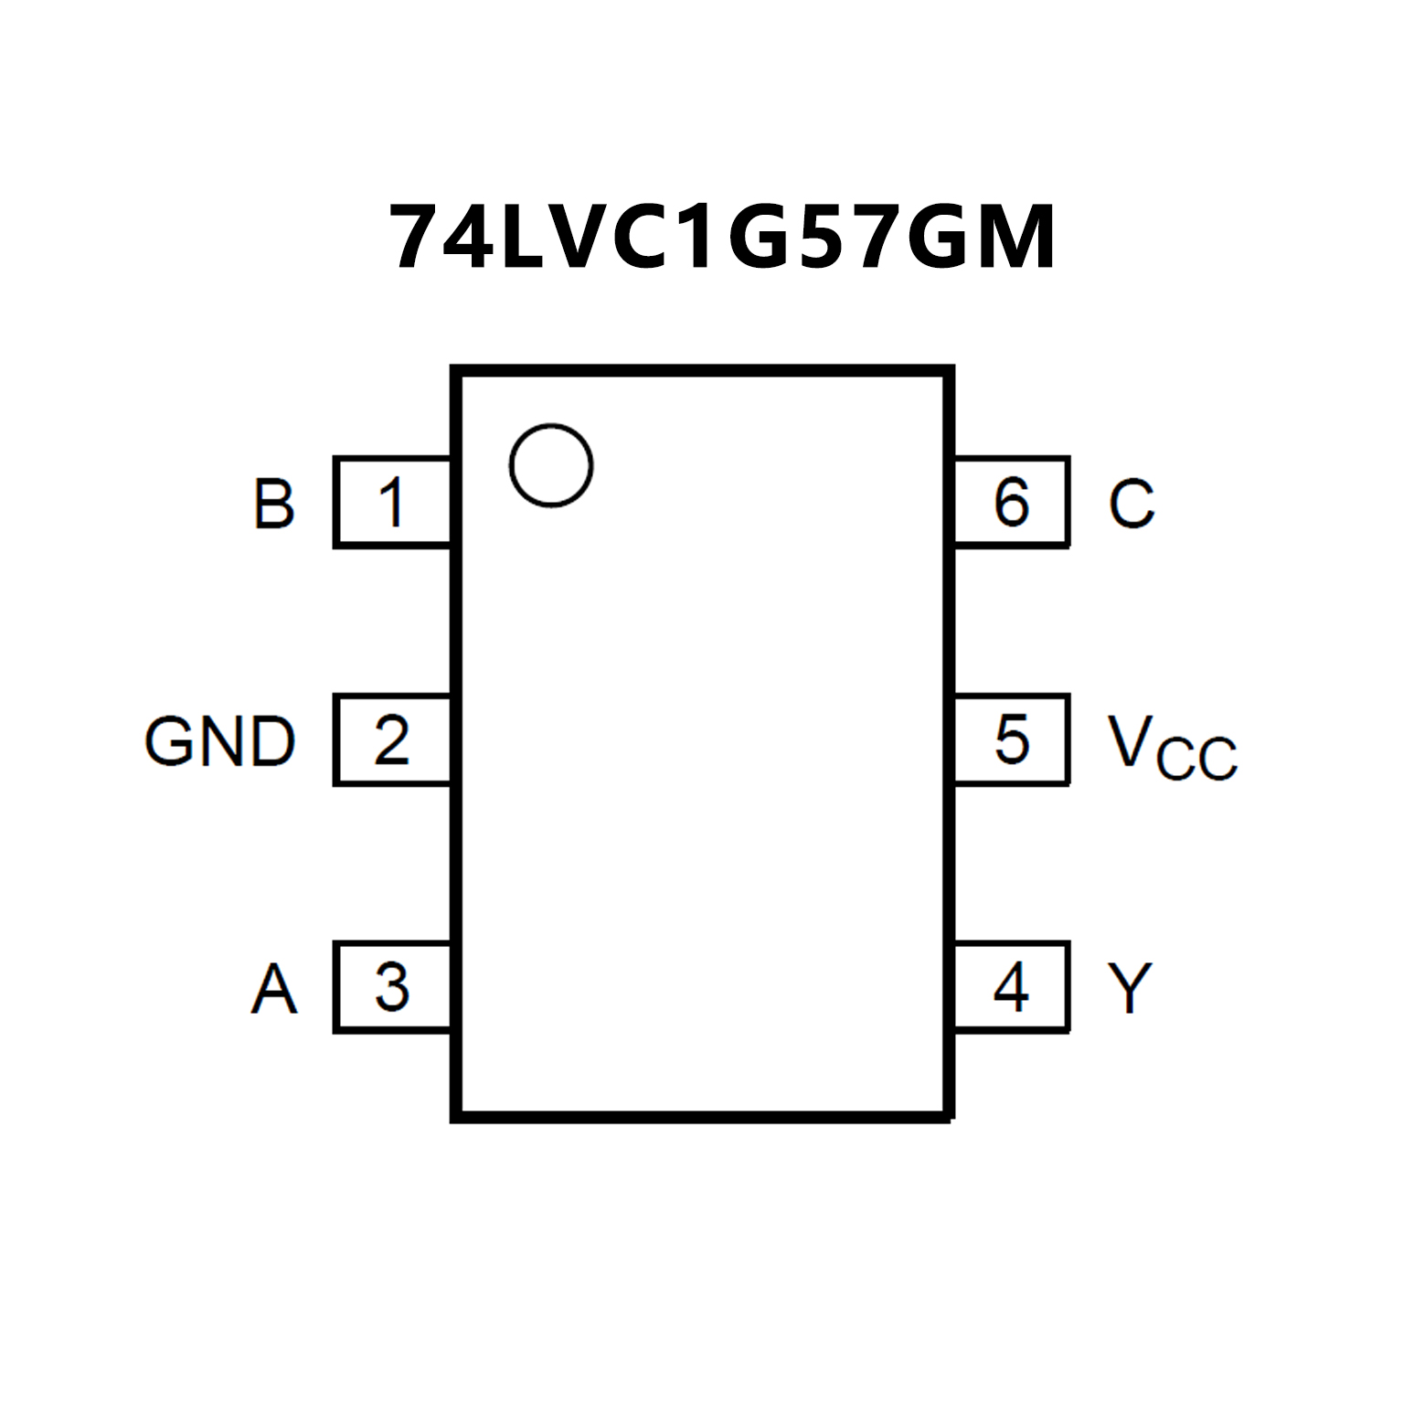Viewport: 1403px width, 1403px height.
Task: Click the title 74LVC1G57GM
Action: pyautogui.click(x=722, y=238)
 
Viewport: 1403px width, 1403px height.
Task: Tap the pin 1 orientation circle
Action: pyautogui.click(x=551, y=465)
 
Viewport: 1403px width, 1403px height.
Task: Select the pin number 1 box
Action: pyautogui.click(x=393, y=502)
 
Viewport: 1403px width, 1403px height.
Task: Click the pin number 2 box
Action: pyautogui.click(x=393, y=739)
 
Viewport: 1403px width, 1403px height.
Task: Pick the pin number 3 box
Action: pyautogui.click(x=393, y=987)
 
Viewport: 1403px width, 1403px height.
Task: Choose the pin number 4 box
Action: pyautogui.click(x=1011, y=987)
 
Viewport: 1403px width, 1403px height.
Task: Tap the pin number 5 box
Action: pyautogui.click(x=1011, y=739)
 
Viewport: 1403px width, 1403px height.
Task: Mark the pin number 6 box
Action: pyautogui.click(x=1011, y=502)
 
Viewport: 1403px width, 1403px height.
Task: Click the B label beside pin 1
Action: pyautogui.click(x=274, y=504)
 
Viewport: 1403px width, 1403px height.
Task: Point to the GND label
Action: pyautogui.click(x=220, y=741)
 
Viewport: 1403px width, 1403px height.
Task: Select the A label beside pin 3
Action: pyautogui.click(x=274, y=989)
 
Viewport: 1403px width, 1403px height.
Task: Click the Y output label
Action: pyautogui.click(x=1130, y=988)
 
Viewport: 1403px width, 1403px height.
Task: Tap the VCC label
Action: pyautogui.click(x=1172, y=747)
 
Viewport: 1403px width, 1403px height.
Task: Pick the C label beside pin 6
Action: pyautogui.click(x=1132, y=504)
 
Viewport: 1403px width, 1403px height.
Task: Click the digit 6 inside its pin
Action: pyautogui.click(x=1012, y=502)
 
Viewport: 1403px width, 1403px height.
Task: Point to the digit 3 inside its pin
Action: pyautogui.click(x=392, y=987)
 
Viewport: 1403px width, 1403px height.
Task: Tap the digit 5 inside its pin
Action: pyautogui.click(x=1012, y=739)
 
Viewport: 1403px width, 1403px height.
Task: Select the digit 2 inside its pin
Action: pyautogui.click(x=392, y=739)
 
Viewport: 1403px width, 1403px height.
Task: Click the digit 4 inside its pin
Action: pyautogui.click(x=1011, y=987)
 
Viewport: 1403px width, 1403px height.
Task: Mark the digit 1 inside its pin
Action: pyautogui.click(x=392, y=503)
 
